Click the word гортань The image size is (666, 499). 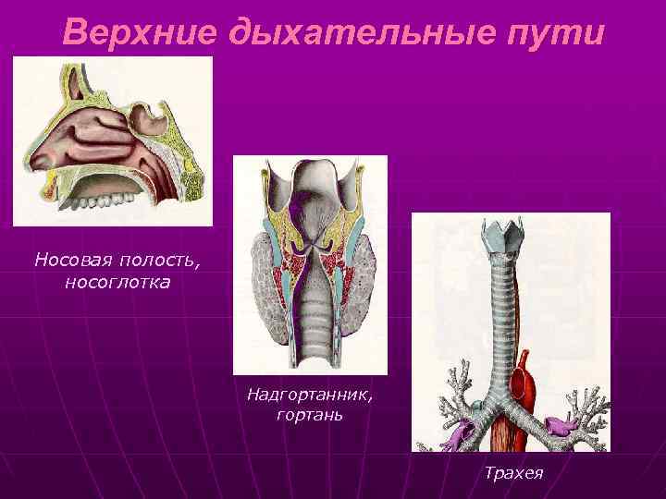point(310,415)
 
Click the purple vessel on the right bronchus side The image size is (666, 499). point(561,427)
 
